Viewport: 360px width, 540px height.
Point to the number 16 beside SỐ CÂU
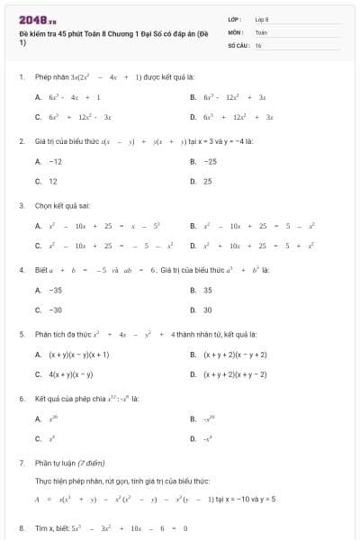pos(258,44)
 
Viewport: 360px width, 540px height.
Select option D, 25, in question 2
pos(208,181)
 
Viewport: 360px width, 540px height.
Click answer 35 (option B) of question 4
pos(208,290)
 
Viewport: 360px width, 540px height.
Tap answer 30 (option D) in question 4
pos(208,310)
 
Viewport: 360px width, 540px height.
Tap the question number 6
pos(22,397)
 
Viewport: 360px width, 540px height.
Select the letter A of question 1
pos(38,96)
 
